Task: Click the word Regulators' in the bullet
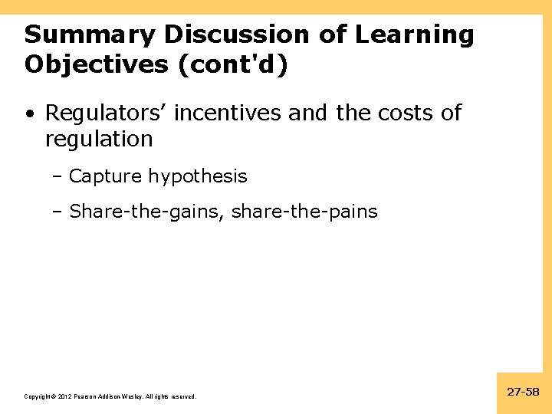tap(105, 113)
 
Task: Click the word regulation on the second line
tap(99, 140)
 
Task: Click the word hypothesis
tap(198, 176)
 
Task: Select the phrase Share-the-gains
tap(146, 212)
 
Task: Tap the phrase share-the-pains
tap(304, 212)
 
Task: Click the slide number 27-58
tap(524, 392)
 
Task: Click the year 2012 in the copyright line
tap(62, 396)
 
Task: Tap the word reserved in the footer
tap(182, 396)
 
